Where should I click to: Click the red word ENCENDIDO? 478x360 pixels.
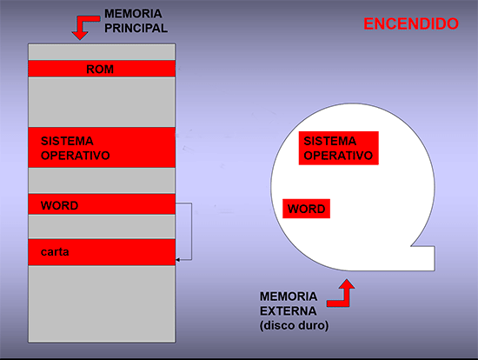411,23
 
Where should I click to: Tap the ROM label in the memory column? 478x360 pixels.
100,70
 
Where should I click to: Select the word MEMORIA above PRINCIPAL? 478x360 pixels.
133,14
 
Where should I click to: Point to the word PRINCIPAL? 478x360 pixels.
136,28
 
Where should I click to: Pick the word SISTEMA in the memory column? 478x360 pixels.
67,141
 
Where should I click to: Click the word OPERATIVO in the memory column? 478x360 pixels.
76,156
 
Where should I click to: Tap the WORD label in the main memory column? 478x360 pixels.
59,205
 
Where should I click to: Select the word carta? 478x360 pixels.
55,252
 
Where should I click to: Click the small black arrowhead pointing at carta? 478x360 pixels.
177,260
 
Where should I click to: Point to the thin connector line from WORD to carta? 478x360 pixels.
191,231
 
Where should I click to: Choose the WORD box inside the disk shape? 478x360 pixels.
307,209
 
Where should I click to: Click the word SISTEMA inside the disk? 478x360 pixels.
330,141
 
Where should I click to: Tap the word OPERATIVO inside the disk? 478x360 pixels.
338,156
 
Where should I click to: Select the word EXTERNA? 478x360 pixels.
288,311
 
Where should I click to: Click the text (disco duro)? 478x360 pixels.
294,325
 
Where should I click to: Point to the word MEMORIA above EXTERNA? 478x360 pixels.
289,297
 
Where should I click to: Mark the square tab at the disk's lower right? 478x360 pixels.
423,258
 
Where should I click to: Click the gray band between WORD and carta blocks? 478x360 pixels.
102,227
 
